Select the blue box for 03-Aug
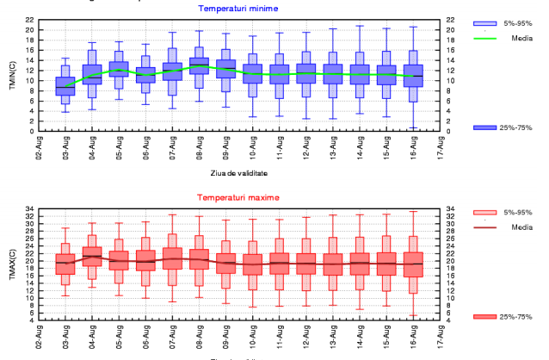click(x=65, y=85)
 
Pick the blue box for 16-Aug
click(x=413, y=76)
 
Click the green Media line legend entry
click(x=486, y=38)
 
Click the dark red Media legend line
click(x=486, y=227)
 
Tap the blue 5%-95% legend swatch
click(x=486, y=24)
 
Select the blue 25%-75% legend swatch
click(x=486, y=127)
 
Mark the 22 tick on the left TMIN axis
click(x=29, y=19)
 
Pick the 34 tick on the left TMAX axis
click(x=29, y=208)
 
